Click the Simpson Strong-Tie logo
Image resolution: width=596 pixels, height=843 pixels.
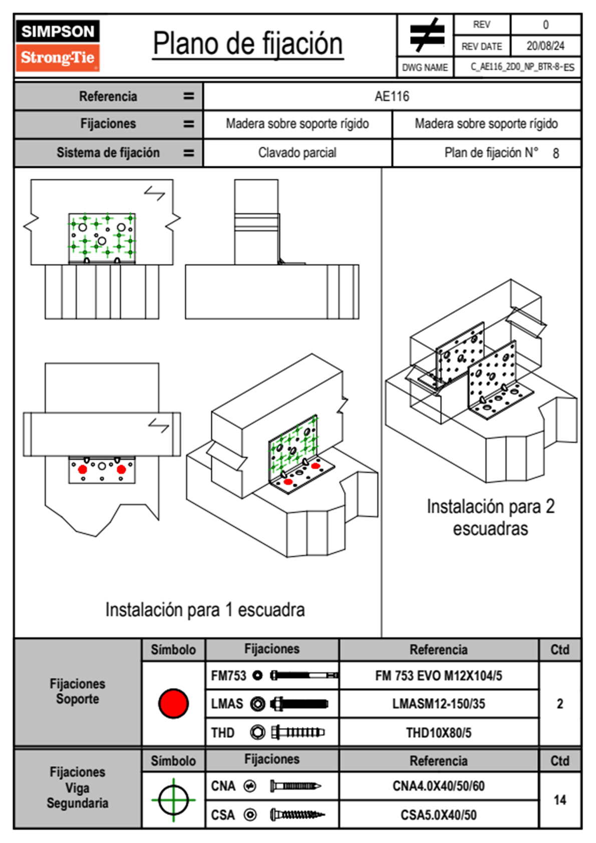pyautogui.click(x=58, y=46)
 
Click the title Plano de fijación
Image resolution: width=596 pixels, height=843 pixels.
pyautogui.click(x=248, y=44)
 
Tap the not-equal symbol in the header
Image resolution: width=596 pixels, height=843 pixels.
pyautogui.click(x=427, y=35)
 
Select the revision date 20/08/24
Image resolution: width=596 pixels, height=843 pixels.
pyautogui.click(x=545, y=46)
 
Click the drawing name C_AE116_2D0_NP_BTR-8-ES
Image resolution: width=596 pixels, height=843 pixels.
pyautogui.click(x=522, y=67)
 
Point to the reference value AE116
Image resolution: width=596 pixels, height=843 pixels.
pyautogui.click(x=392, y=96)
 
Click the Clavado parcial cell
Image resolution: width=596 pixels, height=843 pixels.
pyautogui.click(x=297, y=152)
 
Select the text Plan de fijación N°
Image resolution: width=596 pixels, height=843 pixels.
pyautogui.click(x=491, y=152)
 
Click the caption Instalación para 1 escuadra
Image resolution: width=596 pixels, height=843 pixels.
pyautogui.click(x=205, y=609)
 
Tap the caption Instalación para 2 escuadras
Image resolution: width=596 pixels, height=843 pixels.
pyautogui.click(x=491, y=517)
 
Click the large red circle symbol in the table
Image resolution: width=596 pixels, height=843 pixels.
pyautogui.click(x=173, y=703)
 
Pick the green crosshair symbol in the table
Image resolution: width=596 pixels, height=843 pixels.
pyautogui.click(x=173, y=800)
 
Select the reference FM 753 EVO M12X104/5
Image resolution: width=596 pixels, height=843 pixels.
pyautogui.click(x=438, y=676)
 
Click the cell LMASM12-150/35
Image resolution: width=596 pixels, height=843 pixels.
pyautogui.click(x=438, y=704)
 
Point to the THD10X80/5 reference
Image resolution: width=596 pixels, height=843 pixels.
pyautogui.click(x=438, y=733)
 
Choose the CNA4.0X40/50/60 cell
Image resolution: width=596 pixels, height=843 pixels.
pyautogui.click(x=438, y=786)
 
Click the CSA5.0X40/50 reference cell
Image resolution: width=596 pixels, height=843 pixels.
pyautogui.click(x=438, y=815)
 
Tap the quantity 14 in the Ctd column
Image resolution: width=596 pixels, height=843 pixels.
pyautogui.click(x=559, y=800)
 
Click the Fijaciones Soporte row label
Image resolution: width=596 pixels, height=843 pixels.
pyautogui.click(x=78, y=691)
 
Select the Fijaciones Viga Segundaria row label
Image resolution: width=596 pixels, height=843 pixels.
pyautogui.click(x=78, y=788)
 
